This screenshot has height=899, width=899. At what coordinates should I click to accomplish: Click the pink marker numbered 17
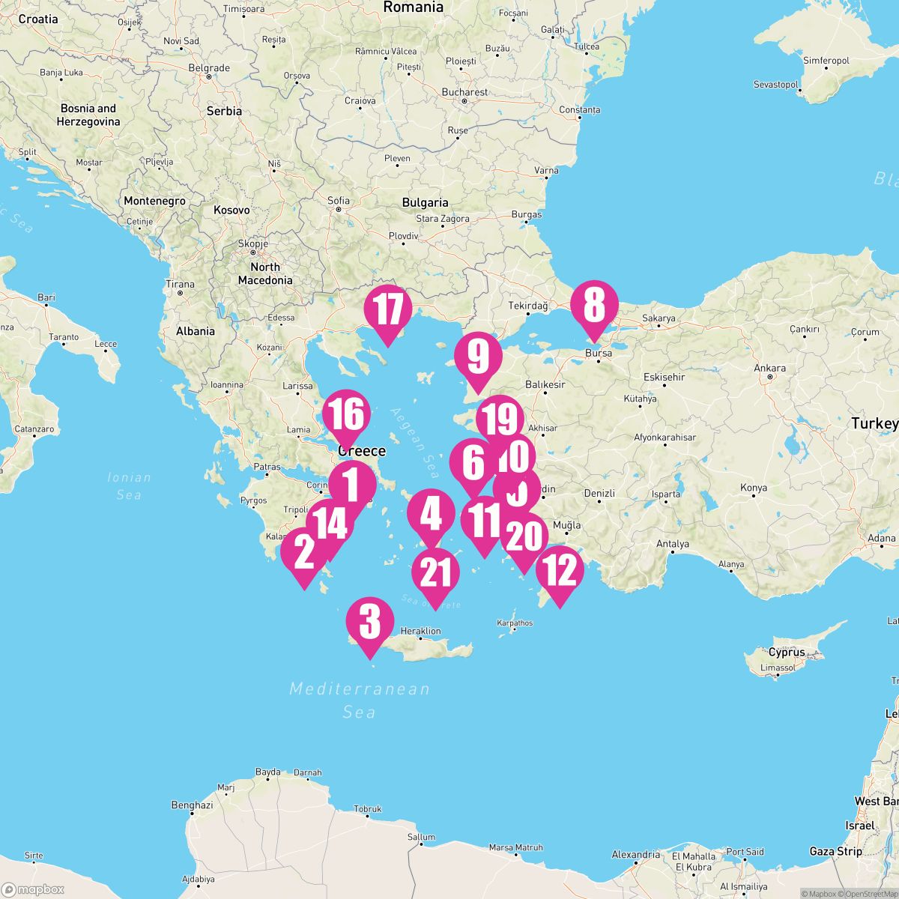388,309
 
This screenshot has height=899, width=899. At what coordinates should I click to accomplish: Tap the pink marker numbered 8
594,306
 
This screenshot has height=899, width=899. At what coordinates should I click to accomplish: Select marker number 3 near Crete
370,622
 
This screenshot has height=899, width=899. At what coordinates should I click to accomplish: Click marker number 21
435,573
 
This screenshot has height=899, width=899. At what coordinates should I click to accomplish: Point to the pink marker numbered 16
346,414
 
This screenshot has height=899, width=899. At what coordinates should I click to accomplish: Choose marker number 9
478,357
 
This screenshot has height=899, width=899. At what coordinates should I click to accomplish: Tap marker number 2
304,553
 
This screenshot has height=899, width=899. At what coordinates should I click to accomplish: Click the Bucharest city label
464,92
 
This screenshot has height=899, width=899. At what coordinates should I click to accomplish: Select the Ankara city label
770,368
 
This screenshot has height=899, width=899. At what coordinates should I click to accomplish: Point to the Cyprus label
787,652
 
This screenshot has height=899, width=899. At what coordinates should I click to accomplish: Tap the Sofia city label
339,200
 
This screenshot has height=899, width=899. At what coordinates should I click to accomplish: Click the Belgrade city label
209,67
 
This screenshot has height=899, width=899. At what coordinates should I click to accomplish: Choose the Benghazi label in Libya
192,805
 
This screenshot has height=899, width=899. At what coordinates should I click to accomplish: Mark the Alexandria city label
635,855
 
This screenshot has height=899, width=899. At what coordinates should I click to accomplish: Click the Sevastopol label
776,85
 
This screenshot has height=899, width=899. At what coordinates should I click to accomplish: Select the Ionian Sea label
129,485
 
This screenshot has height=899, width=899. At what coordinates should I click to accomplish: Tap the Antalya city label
672,544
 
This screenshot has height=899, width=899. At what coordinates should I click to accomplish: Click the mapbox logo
34,889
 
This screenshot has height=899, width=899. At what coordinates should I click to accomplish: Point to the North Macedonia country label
265,273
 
